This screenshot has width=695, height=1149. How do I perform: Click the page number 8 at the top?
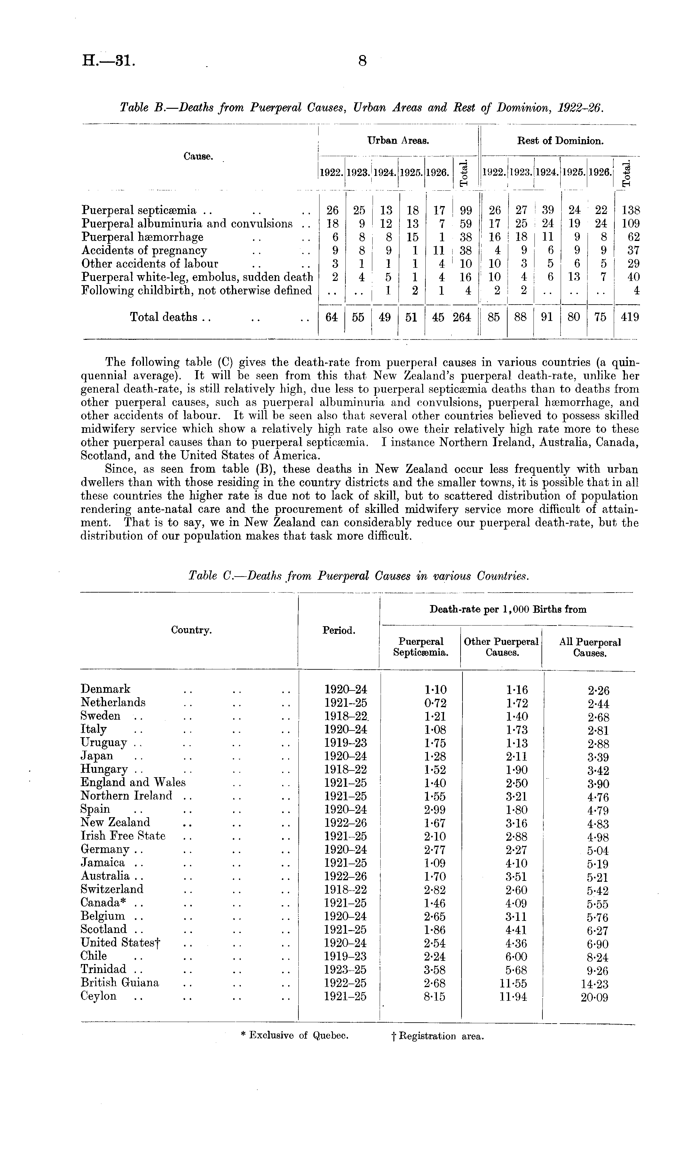(362, 61)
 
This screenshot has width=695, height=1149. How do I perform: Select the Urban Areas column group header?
(398, 140)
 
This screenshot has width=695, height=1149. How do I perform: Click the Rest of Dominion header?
(560, 141)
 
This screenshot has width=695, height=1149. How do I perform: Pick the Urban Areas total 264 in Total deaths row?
(462, 317)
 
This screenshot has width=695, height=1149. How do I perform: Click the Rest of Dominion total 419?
(630, 317)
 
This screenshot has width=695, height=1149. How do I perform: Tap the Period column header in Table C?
(339, 630)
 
